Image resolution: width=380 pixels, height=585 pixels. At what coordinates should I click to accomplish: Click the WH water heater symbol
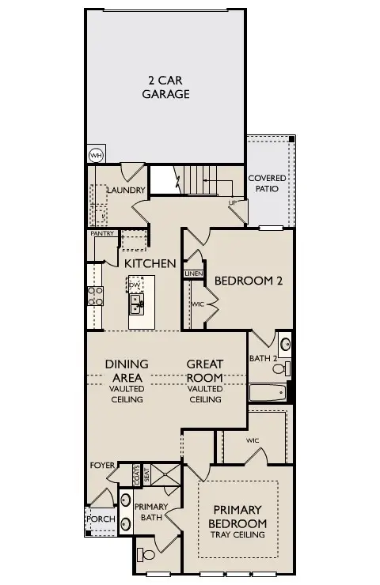point(96,155)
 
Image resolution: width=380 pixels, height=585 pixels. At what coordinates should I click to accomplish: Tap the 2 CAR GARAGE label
point(165,87)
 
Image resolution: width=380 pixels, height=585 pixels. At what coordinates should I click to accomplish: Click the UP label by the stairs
point(232,203)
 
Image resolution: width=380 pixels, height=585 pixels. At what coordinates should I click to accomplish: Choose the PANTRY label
point(103,233)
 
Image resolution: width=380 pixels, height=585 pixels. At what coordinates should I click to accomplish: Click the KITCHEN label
point(149,262)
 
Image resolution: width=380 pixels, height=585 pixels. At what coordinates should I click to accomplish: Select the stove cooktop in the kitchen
point(95,296)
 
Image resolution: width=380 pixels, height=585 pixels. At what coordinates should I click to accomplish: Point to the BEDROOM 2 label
point(249,281)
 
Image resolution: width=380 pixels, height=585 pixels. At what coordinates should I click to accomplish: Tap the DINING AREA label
point(126,371)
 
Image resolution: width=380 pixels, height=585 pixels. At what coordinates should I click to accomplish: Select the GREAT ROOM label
point(204,371)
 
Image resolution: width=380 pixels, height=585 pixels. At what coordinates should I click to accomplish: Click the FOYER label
point(103,465)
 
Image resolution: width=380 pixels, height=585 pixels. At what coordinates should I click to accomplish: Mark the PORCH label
point(101,519)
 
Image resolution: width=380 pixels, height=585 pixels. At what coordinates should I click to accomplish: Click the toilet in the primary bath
point(146,554)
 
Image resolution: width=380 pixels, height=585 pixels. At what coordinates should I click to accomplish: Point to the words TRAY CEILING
point(237,535)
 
